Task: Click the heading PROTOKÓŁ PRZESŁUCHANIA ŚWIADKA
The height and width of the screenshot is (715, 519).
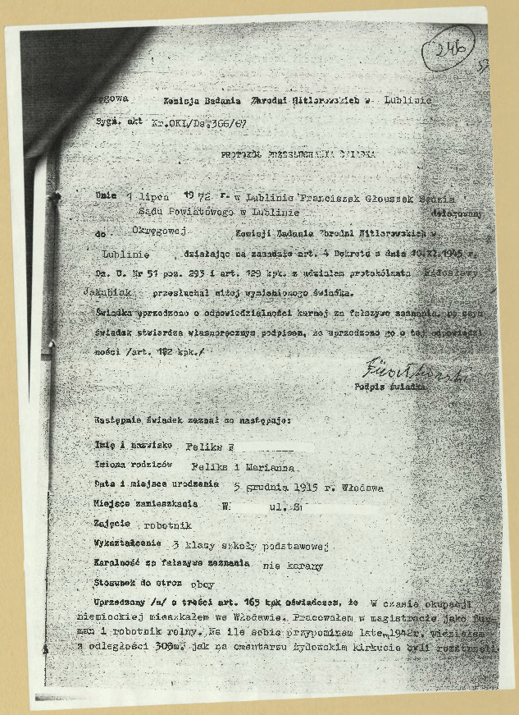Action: pos(298,154)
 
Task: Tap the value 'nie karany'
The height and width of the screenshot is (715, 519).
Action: pos(292,566)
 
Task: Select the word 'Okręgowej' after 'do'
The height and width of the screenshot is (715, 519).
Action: pos(161,232)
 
